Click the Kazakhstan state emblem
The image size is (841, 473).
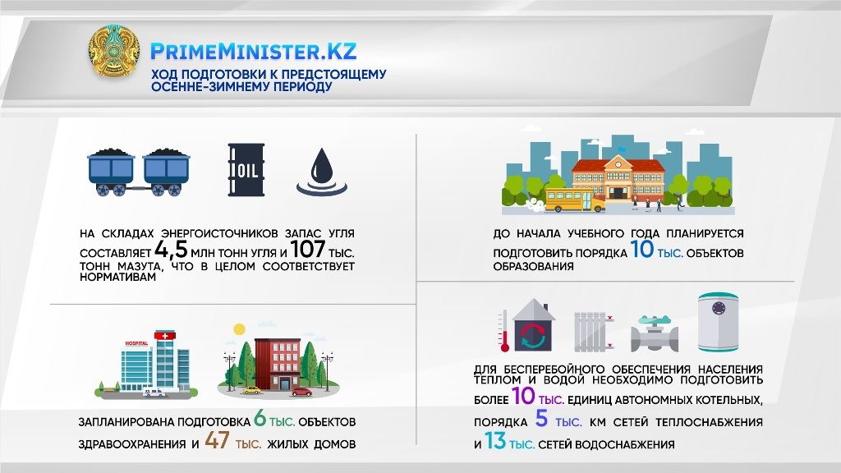pos(113,52)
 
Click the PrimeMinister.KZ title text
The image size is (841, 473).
pos(253,52)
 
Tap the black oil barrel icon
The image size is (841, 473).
pos(246,169)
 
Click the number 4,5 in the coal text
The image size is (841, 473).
pos(171,250)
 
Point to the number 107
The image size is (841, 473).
pos(308,249)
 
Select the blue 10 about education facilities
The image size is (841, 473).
pos(641,250)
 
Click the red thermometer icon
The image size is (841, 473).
pos(503,331)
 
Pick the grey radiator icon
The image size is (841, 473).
pos(594,333)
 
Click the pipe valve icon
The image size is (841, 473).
pos(654,333)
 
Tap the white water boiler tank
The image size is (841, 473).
pos(718,322)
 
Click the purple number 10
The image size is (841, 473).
pos(523,397)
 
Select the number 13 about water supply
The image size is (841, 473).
pos(495,441)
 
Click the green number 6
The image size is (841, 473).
pos(260,418)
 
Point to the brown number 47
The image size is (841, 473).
pos(217,441)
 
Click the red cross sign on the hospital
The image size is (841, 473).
pos(165,336)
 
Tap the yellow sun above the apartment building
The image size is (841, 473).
pos(239,329)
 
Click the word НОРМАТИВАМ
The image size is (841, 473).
pos(118,278)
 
